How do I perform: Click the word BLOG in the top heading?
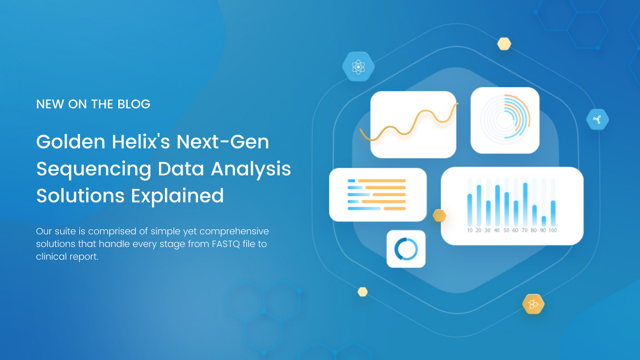click(x=134, y=104)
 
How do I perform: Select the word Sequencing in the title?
click(x=94, y=169)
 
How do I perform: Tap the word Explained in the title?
click(x=177, y=196)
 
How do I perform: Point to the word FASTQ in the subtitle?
click(x=226, y=244)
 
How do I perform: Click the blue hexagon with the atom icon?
click(x=358, y=67)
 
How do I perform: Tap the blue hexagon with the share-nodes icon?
click(x=597, y=119)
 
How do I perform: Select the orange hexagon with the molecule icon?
click(x=533, y=304)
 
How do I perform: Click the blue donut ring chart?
click(x=406, y=249)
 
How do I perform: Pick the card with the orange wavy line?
click(x=413, y=124)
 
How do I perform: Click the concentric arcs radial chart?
click(x=505, y=120)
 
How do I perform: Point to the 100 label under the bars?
click(x=553, y=230)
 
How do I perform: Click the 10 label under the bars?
click(x=470, y=230)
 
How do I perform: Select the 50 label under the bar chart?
click(x=506, y=230)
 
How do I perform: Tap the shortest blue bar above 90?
click(x=544, y=221)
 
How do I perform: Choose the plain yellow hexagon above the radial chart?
click(x=504, y=44)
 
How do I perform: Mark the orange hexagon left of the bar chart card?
click(x=439, y=216)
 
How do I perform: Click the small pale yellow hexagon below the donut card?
click(x=363, y=292)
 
